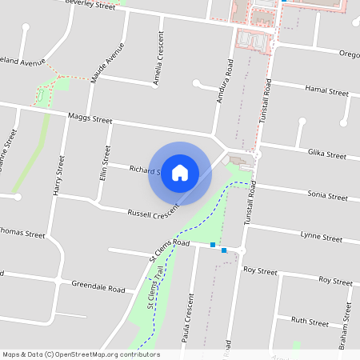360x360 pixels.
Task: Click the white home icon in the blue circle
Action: tap(179, 173)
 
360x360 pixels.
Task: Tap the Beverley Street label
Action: tap(90, 3)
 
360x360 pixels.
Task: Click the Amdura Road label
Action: tap(225, 85)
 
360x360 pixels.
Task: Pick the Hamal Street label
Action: tap(327, 92)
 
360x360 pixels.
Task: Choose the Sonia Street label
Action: tap(327, 195)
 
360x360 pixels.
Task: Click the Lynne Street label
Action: tap(321, 237)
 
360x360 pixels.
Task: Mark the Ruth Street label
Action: tap(310, 322)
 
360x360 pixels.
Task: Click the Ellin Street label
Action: tap(104, 162)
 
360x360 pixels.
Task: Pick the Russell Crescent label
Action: tap(152, 214)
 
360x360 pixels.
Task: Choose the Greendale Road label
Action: tap(98, 286)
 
